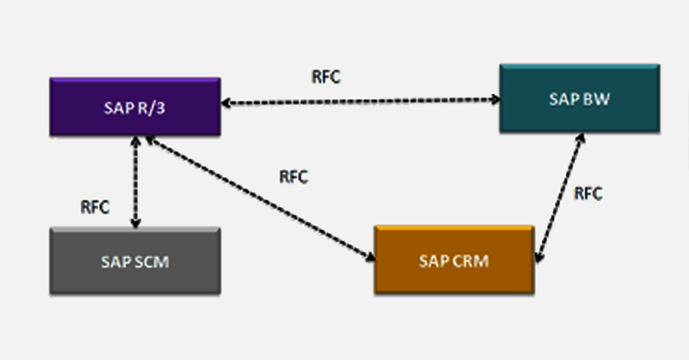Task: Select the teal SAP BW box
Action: [x=579, y=98]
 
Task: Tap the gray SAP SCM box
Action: [x=135, y=260]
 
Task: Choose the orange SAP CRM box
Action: [x=453, y=260]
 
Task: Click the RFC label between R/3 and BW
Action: [x=326, y=77]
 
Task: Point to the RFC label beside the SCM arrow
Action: [x=95, y=207]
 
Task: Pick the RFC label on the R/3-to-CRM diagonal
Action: [x=293, y=177]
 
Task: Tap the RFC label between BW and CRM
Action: [x=588, y=193]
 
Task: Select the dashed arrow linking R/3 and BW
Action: [x=360, y=100]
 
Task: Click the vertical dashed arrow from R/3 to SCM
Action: [x=136, y=182]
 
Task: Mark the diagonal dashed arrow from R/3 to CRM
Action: [x=260, y=198]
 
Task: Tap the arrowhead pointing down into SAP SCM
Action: [x=136, y=224]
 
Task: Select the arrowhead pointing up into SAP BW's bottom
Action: [x=582, y=138]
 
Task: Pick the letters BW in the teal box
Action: [x=595, y=99]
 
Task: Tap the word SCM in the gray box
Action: [x=151, y=261]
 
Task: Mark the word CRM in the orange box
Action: [x=470, y=260]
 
